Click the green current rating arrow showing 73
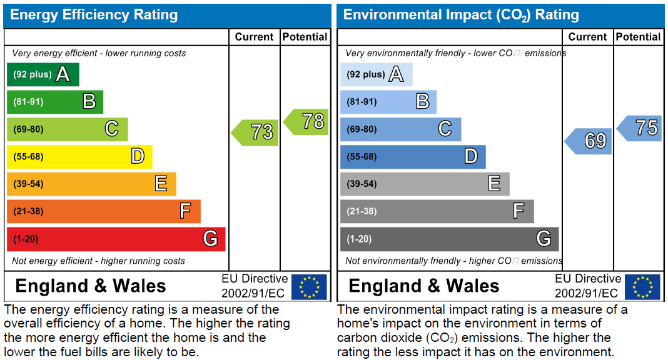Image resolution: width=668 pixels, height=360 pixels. pyautogui.click(x=256, y=132)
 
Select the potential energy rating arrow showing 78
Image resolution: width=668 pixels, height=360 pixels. pyautogui.click(x=308, y=122)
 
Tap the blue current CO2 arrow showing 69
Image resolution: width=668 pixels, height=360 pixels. pyautogui.click(x=590, y=141)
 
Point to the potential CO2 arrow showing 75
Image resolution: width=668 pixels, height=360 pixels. pyautogui.click(x=641, y=128)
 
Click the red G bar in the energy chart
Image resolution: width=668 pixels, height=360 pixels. pyautogui.click(x=116, y=239)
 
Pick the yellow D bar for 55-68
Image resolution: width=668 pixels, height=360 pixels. pyautogui.click(x=79, y=157)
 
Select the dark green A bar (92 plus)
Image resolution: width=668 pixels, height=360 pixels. pyautogui.click(x=43, y=75)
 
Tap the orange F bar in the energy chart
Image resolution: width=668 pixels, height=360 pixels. pyautogui.click(x=103, y=211)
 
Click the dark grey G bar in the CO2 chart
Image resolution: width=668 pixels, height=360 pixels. pyautogui.click(x=449, y=239)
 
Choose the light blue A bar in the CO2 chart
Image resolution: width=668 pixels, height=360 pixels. pyautogui.click(x=376, y=75)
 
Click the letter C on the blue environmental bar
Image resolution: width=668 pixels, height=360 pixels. pyautogui.click(x=445, y=129)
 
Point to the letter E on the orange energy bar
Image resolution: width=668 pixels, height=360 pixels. pyautogui.click(x=161, y=184)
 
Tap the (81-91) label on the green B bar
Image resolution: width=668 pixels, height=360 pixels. pyautogui.click(x=29, y=102)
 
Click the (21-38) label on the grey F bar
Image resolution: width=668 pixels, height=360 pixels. pyautogui.click(x=362, y=211)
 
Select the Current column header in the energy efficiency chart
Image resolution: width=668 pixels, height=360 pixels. pyautogui.click(x=254, y=37)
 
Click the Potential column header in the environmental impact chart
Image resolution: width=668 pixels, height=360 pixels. pyautogui.click(x=638, y=37)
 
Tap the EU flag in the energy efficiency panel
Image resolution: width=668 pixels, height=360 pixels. pyautogui.click(x=309, y=287)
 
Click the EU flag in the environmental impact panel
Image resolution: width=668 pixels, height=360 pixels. pyautogui.click(x=642, y=287)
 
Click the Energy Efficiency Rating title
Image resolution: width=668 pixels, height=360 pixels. pyautogui.click(x=94, y=15)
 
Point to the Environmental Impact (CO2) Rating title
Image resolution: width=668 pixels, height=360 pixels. pyautogui.click(x=461, y=15)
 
